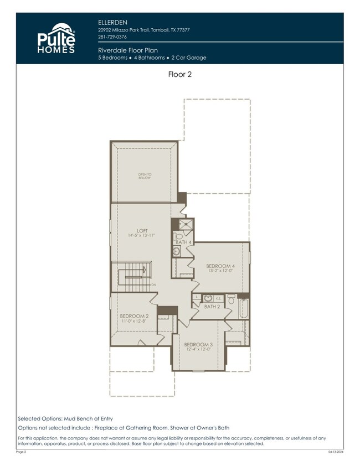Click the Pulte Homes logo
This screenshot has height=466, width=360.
point(56,38)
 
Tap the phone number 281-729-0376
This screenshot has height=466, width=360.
point(112,37)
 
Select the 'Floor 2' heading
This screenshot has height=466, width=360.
point(179,74)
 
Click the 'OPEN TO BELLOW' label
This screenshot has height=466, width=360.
point(144,177)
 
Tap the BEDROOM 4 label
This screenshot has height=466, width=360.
point(220,266)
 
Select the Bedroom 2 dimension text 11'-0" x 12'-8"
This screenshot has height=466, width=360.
point(133,322)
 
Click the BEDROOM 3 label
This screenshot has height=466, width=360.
point(198,344)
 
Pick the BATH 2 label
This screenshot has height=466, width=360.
point(212,306)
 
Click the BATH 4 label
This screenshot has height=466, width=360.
point(183,242)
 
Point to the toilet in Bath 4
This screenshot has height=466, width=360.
point(179,236)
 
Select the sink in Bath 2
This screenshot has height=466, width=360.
point(208,298)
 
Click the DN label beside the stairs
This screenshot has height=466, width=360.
point(153,284)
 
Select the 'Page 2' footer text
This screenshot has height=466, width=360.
point(21,452)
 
